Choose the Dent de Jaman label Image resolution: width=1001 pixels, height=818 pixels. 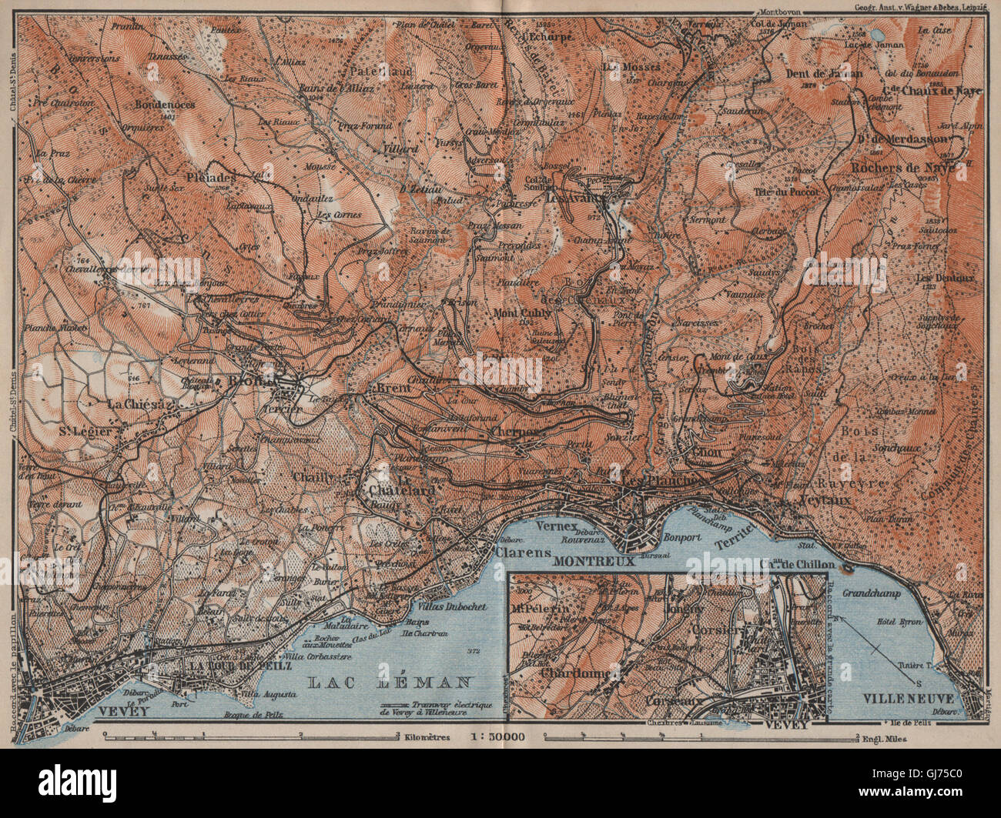tap(824, 74)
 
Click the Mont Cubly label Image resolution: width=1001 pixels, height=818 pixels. tap(523, 312)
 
